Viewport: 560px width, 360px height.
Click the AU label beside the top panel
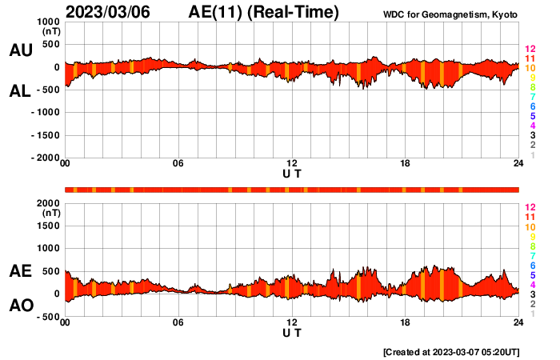point(20,50)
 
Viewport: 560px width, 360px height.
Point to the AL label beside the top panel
point(20,92)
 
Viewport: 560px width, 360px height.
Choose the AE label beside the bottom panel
point(20,272)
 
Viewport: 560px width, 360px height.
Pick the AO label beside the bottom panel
point(20,306)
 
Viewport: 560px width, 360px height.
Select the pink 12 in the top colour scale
point(530,49)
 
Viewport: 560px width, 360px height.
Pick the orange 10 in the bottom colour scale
point(530,227)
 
